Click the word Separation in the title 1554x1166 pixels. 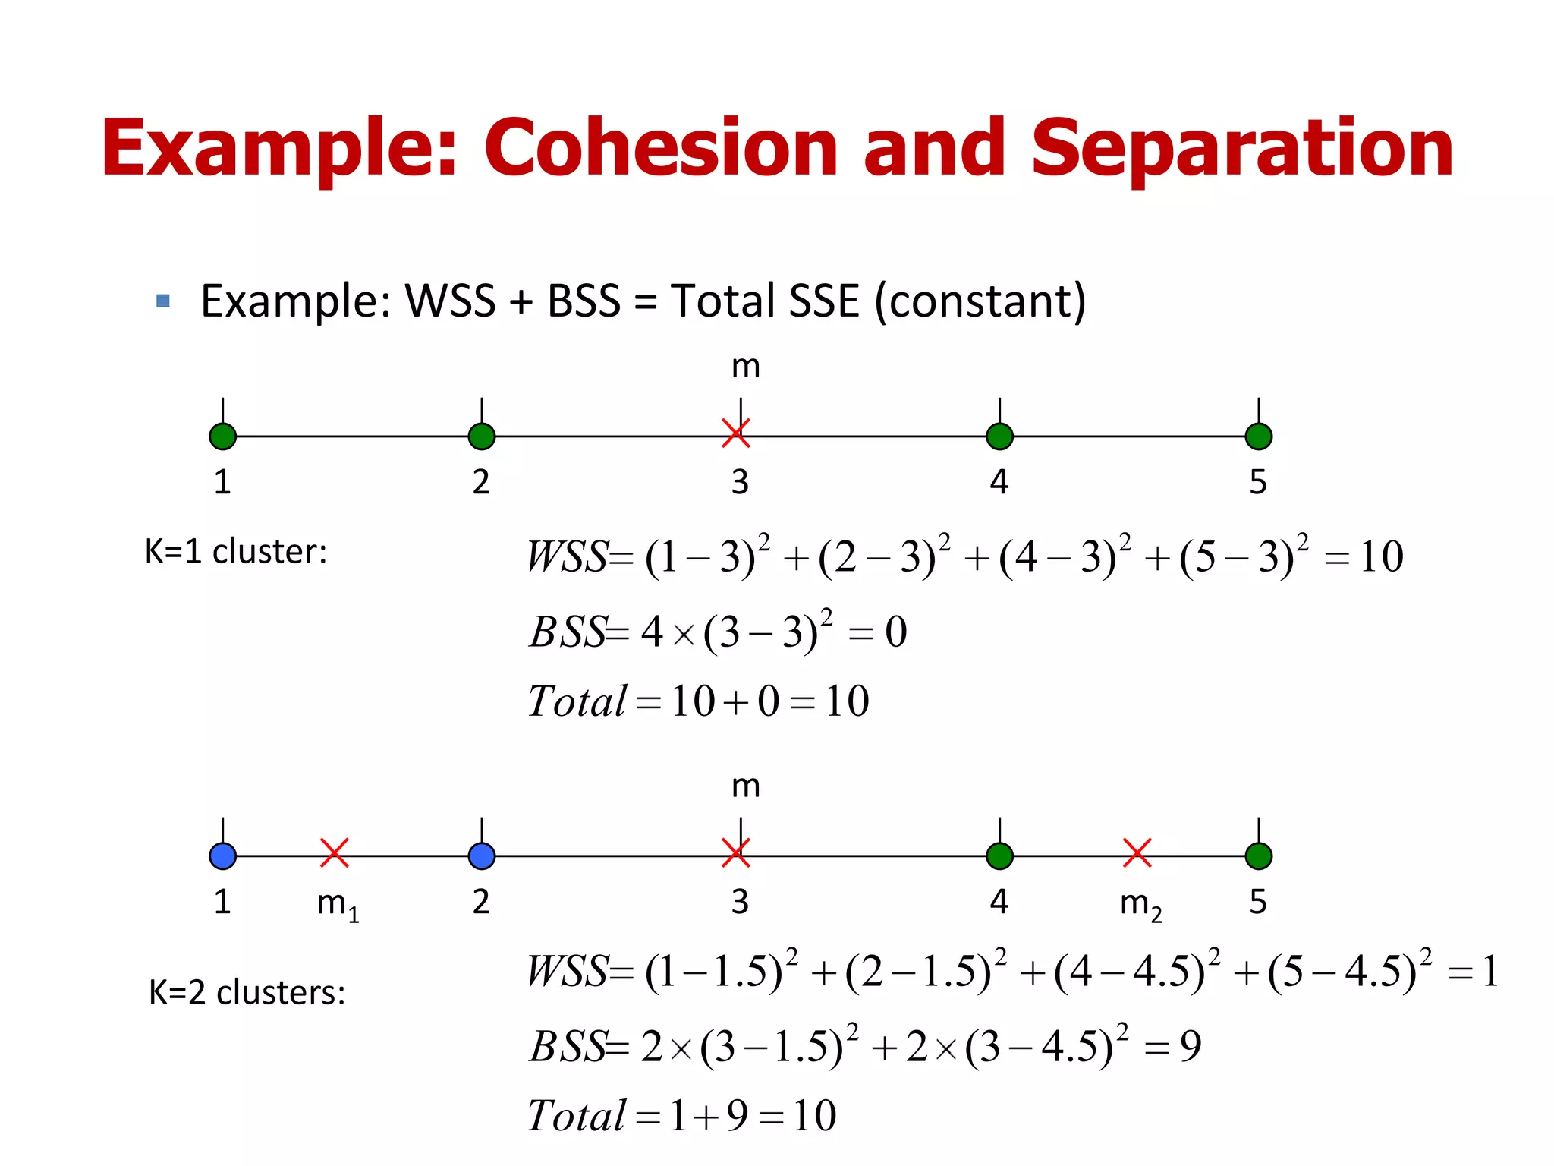pyautogui.click(x=1241, y=150)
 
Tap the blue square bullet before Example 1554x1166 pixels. pyautogui.click(x=162, y=301)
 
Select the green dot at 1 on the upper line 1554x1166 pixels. pyautogui.click(x=222, y=436)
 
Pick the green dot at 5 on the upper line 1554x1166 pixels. pyautogui.click(x=1259, y=436)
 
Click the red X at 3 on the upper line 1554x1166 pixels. pyautogui.click(x=735, y=433)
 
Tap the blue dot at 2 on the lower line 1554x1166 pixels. pyautogui.click(x=482, y=856)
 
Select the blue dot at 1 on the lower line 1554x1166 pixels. pyautogui.click(x=222, y=856)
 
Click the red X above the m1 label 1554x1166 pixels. pyautogui.click(x=334, y=852)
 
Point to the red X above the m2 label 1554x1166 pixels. pyautogui.click(x=1137, y=852)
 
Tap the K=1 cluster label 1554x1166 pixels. pyautogui.click(x=235, y=552)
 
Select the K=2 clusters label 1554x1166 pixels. pyautogui.click(x=247, y=993)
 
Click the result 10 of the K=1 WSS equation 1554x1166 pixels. pyautogui.click(x=1381, y=556)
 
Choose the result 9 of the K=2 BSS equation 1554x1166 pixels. pyautogui.click(x=1191, y=1047)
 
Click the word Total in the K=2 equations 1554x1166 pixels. pyautogui.click(x=577, y=1116)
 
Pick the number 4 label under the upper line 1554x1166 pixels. pyautogui.click(x=999, y=482)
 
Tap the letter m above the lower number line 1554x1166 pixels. pyautogui.click(x=745, y=786)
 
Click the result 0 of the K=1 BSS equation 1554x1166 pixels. pyautogui.click(x=895, y=632)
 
